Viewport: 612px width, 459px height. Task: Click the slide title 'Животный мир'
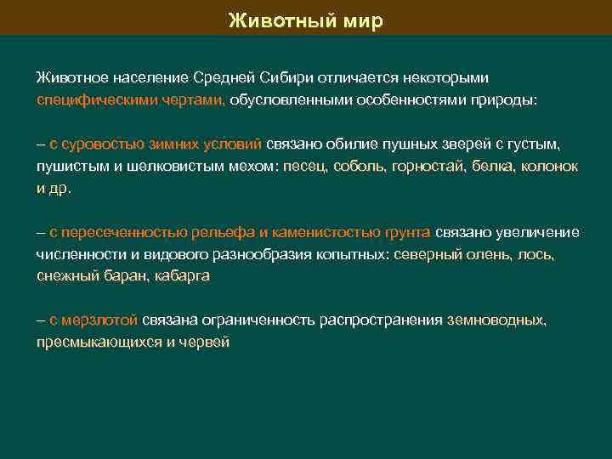tap(306, 20)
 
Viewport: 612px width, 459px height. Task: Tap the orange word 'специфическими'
tap(89, 99)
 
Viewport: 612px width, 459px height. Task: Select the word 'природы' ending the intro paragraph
tap(507, 99)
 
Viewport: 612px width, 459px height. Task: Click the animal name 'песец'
tap(303, 167)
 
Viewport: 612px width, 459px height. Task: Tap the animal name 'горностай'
tap(427, 167)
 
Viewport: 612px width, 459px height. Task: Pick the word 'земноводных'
tap(496, 320)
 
